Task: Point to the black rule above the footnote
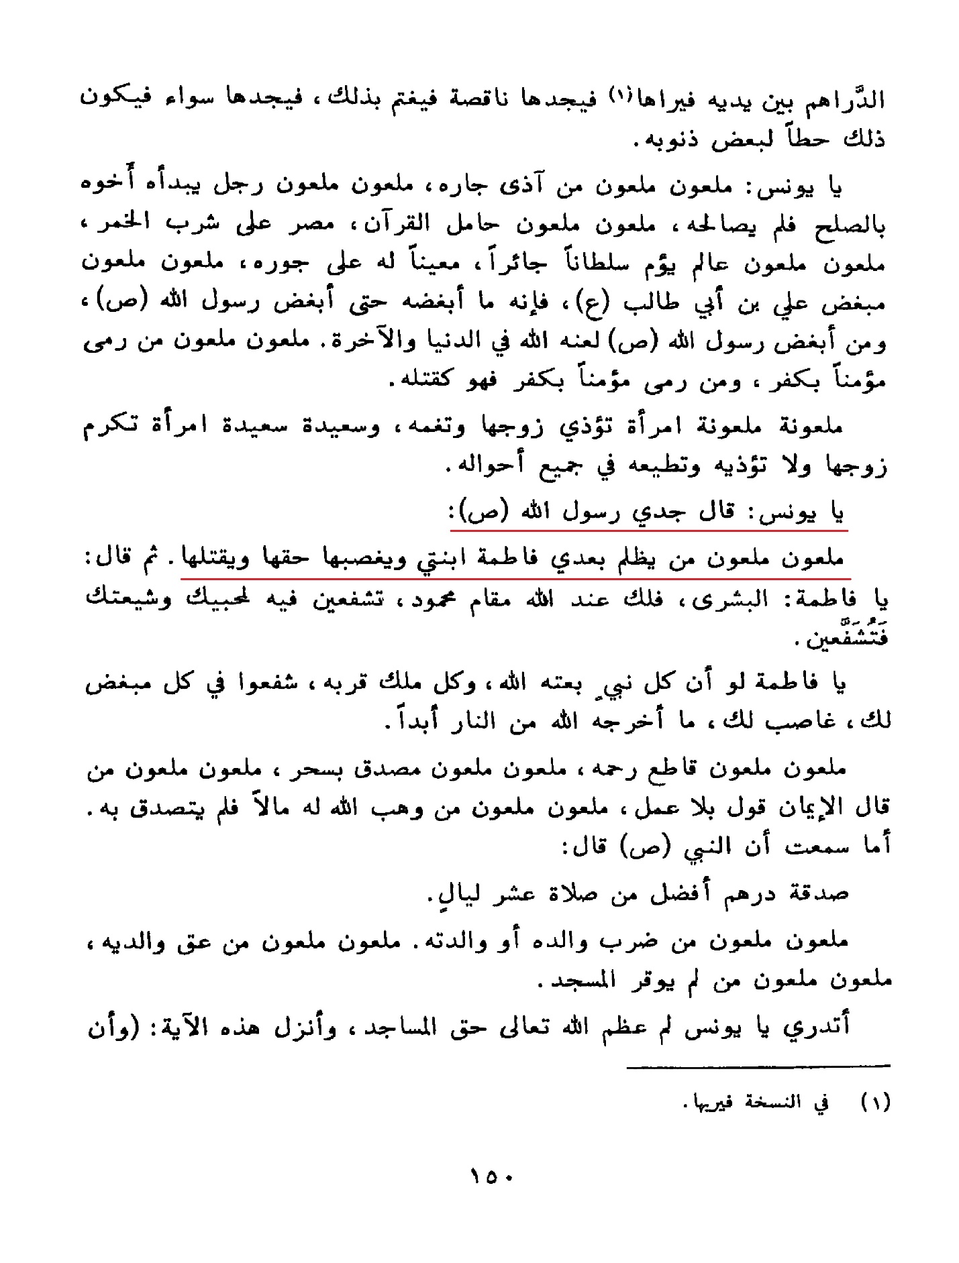pos(758,1066)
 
